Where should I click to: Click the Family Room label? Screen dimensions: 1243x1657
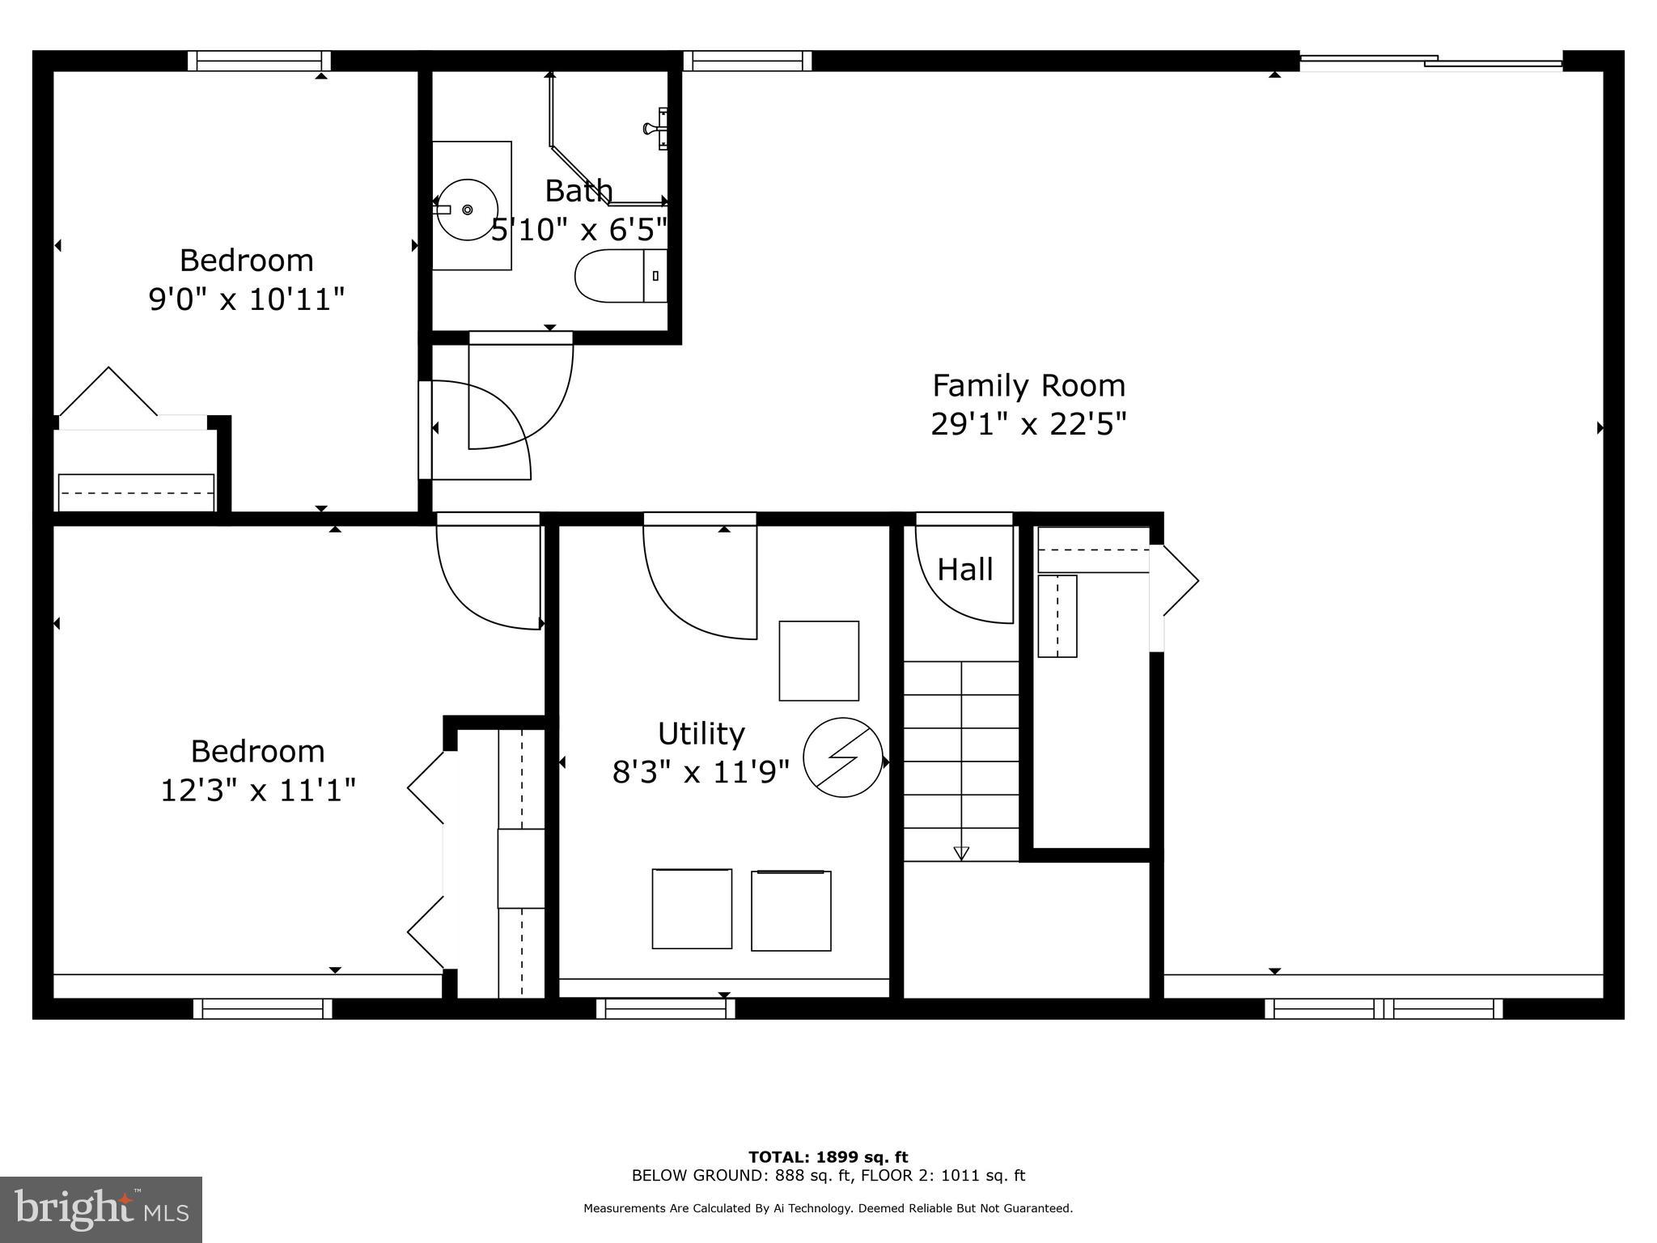tap(1028, 386)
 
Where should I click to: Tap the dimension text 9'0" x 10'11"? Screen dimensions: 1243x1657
tap(247, 300)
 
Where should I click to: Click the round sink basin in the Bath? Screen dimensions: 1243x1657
tap(467, 210)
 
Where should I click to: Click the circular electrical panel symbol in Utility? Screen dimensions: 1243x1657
tap(842, 757)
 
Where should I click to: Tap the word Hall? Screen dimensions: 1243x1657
tap(964, 570)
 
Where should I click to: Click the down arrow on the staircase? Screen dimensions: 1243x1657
tap(961, 852)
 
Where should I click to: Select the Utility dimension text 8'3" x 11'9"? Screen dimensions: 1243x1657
tap(701, 772)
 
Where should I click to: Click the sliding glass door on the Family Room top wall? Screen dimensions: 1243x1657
tap(1430, 61)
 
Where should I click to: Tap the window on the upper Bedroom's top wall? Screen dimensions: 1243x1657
tap(260, 61)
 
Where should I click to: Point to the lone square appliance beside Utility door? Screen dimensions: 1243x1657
tap(819, 660)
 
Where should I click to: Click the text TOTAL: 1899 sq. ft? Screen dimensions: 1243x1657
tap(828, 1157)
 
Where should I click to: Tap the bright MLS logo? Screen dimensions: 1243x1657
tap(101, 1209)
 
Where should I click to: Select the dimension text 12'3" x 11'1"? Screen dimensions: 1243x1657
tap(258, 791)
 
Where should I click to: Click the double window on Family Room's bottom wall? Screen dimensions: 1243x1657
tap(1384, 1008)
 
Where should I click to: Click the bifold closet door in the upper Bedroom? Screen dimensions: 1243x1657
tap(109, 392)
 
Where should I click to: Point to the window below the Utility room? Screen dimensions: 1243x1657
tap(666, 1008)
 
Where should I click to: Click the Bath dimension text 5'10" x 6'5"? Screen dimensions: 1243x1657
tap(579, 230)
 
